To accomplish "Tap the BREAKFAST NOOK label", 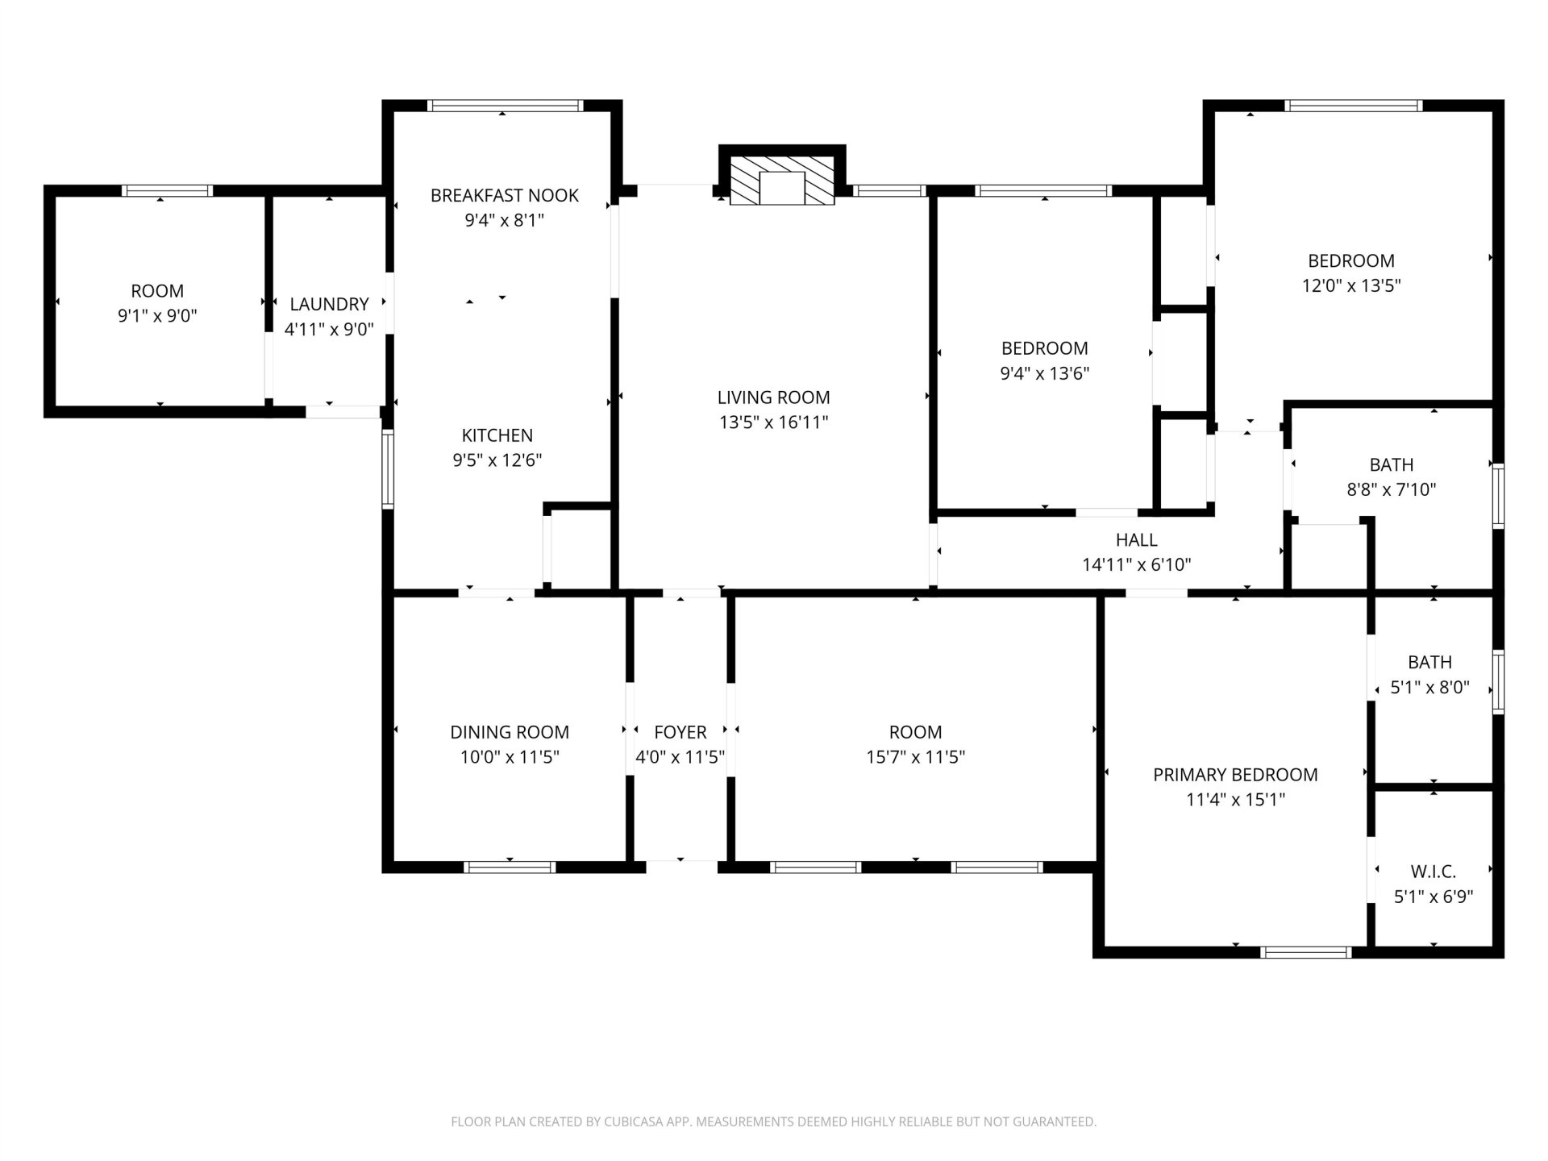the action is click(505, 195).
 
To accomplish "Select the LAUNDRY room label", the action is click(329, 304).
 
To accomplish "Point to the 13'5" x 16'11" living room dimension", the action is click(774, 422).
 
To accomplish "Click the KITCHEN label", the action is click(497, 435).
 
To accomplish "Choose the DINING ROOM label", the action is click(510, 732).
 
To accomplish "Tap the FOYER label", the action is click(680, 732).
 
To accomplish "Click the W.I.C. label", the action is click(1434, 872).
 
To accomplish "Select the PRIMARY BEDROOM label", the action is click(1235, 775).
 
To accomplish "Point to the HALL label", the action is click(1137, 540).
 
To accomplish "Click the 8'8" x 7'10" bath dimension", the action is click(1392, 489).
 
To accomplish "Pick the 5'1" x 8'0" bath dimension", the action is click(1430, 688).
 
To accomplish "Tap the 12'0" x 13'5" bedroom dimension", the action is click(1351, 285).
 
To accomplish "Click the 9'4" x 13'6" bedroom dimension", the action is click(1045, 373).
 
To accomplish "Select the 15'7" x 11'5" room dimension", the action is click(916, 757).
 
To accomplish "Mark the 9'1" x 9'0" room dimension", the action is click(157, 316).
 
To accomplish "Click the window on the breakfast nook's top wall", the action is click(506, 106).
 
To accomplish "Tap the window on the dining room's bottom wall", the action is click(510, 868).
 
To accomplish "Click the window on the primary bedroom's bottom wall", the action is click(1306, 952).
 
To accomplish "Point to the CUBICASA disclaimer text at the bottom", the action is click(774, 1121).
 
